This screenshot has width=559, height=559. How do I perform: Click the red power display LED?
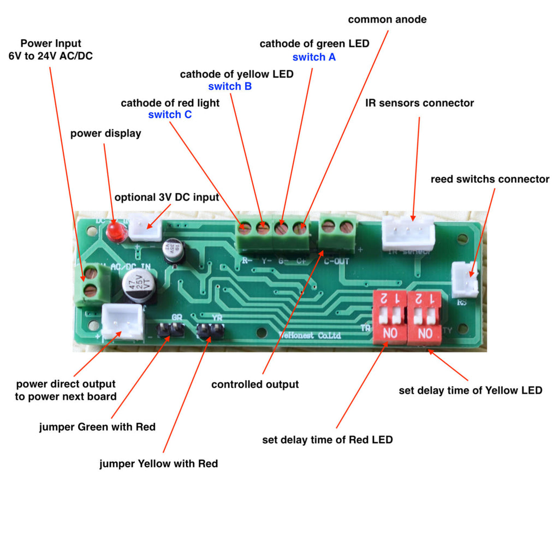(114, 231)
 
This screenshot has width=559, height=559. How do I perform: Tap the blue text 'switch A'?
(314, 57)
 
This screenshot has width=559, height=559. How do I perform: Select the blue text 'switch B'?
(230, 86)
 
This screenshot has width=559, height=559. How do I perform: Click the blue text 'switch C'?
(170, 115)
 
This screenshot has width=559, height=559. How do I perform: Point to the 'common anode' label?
(387, 20)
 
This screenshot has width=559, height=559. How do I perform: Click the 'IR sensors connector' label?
(419, 103)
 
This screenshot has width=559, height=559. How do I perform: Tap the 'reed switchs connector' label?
(490, 179)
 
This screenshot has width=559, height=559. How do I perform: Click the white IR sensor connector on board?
(408, 233)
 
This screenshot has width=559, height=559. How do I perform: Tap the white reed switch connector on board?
(465, 279)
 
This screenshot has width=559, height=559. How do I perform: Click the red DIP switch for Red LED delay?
(389, 317)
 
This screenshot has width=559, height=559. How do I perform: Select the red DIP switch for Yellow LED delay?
(426, 317)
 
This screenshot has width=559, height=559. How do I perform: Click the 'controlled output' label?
(255, 384)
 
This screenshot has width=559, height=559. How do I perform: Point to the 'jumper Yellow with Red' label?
(158, 463)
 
